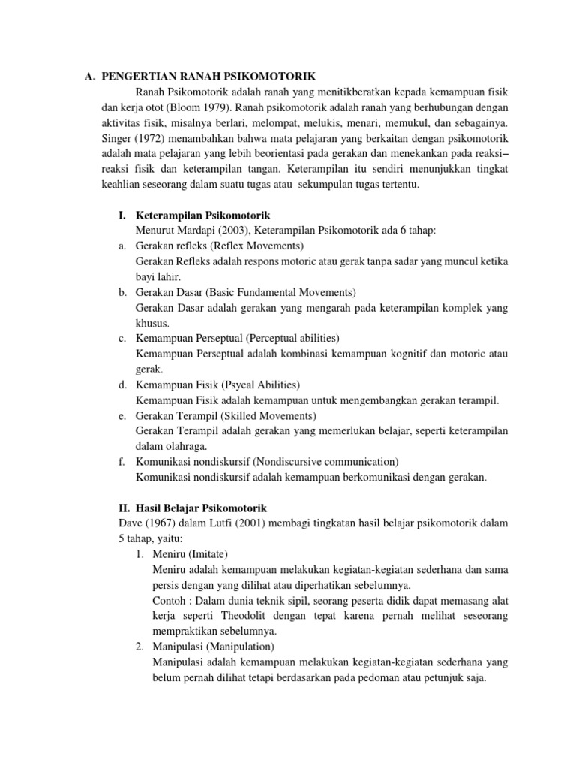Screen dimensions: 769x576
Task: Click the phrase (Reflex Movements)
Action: (x=257, y=246)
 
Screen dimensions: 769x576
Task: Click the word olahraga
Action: (x=186, y=446)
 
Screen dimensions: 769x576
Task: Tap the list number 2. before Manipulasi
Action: (x=140, y=647)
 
